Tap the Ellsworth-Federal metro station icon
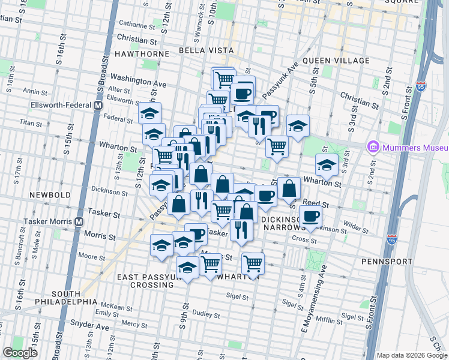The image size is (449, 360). tap(97, 106)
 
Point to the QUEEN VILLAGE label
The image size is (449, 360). tap(336, 61)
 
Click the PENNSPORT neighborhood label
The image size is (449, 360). tap(387, 262)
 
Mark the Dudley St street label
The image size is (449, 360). tap(206, 313)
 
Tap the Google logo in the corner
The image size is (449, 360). tap(20, 352)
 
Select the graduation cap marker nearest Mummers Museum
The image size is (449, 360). tap(327, 166)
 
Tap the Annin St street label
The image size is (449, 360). tap(34, 92)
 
